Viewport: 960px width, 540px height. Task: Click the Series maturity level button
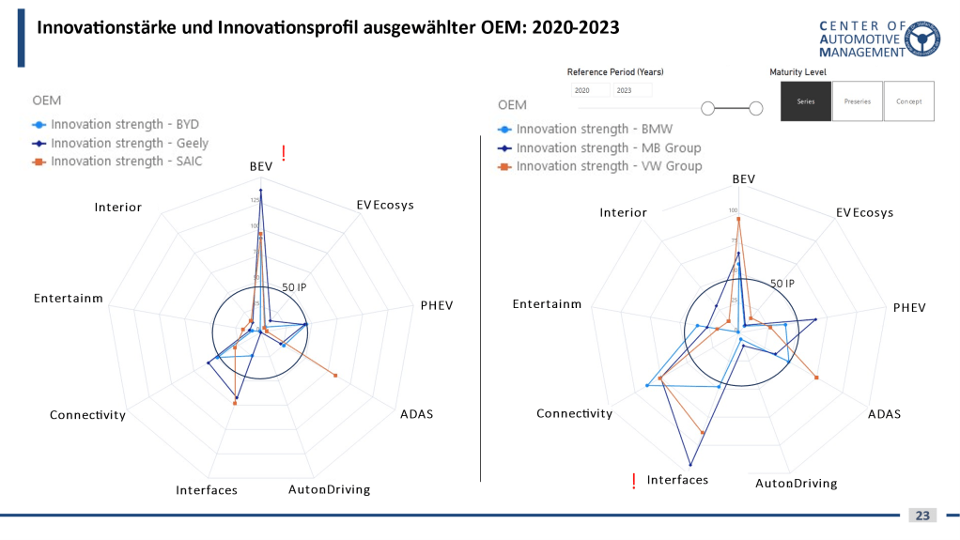tap(805, 100)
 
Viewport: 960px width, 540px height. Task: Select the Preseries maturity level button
tap(857, 100)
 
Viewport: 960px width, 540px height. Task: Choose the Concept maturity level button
tap(908, 100)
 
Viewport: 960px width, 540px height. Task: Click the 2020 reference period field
tap(590, 90)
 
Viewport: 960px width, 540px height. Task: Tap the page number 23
tap(922, 516)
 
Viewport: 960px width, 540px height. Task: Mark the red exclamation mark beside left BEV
tap(283, 153)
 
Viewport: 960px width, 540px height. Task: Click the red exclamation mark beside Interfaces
tap(634, 481)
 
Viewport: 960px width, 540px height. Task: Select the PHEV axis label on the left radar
tap(437, 305)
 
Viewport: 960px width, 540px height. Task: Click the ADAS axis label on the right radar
tap(884, 413)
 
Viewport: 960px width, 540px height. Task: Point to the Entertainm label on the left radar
tap(68, 299)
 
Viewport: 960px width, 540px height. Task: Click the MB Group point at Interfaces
tap(691, 465)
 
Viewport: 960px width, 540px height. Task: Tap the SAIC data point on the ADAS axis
tap(335, 376)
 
